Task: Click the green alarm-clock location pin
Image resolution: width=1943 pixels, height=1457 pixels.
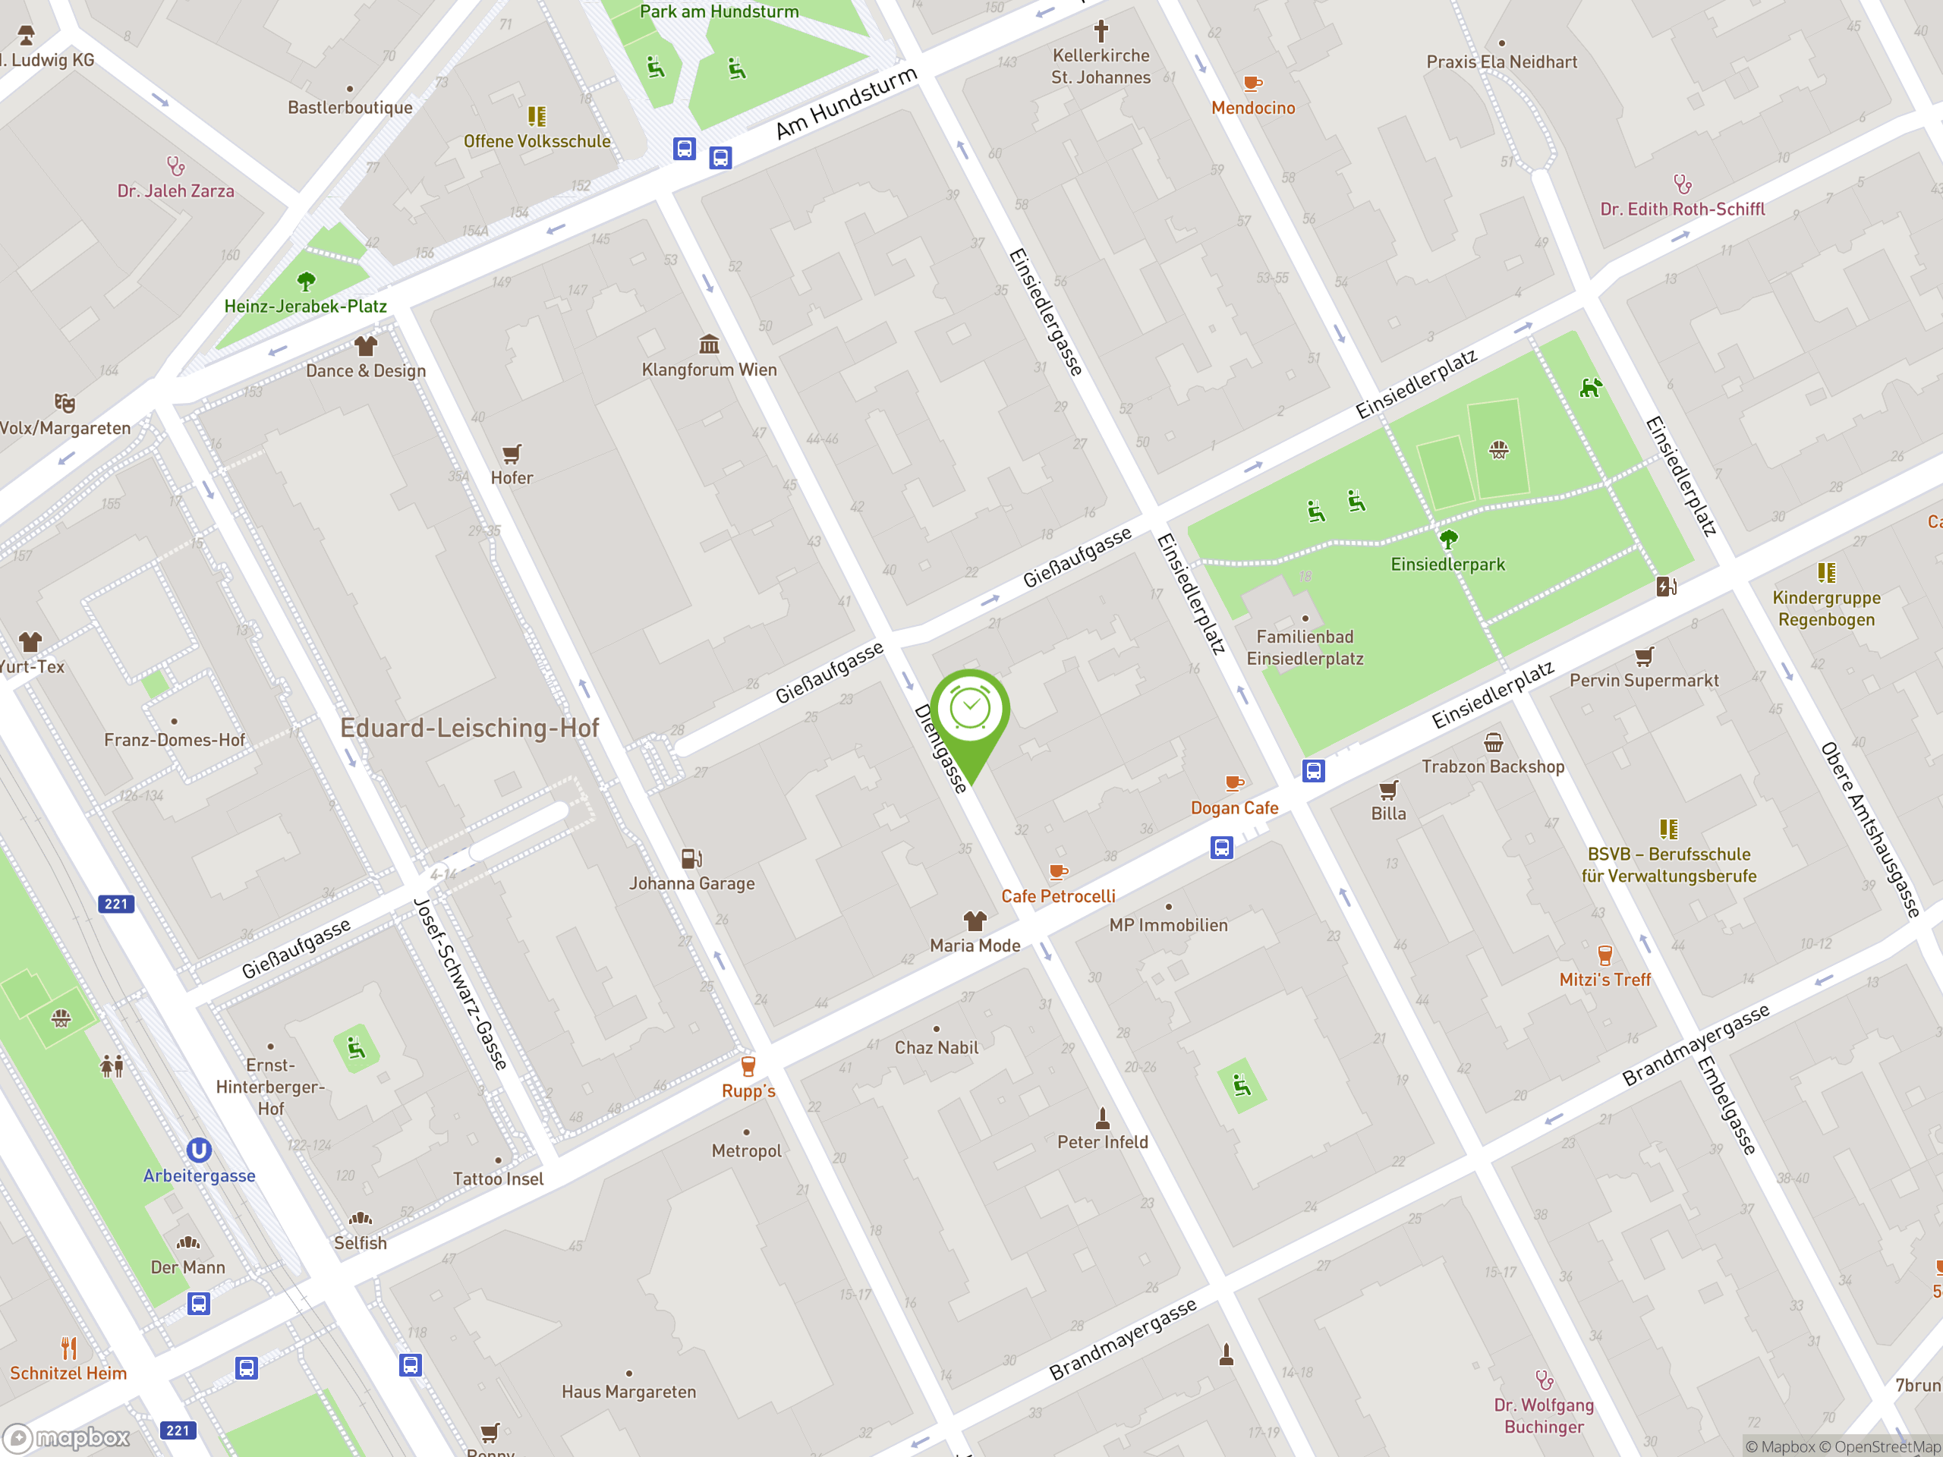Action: [x=970, y=711]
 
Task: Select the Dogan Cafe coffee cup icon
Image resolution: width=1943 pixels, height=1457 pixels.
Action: [x=1234, y=782]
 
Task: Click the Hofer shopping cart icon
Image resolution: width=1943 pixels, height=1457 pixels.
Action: [x=512, y=454]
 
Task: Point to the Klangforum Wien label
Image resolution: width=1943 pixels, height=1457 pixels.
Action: [x=709, y=370]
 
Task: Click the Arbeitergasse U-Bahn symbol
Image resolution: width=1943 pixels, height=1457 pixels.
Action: [x=200, y=1150]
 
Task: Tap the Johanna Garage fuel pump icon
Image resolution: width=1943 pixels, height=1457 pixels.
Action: [x=691, y=858]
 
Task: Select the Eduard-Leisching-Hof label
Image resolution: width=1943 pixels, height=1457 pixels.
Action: [x=469, y=728]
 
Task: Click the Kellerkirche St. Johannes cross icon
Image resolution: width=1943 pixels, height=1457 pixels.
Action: [x=1101, y=32]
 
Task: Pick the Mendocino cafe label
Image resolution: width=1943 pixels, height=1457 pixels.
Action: [x=1252, y=108]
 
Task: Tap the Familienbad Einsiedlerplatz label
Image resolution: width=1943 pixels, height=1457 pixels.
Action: [x=1305, y=647]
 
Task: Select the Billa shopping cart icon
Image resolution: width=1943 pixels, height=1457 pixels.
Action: [x=1388, y=789]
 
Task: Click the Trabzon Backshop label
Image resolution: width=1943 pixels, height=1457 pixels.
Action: [x=1492, y=766]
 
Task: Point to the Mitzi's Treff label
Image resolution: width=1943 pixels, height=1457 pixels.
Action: [x=1604, y=979]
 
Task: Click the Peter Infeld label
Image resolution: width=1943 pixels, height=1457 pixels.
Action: [x=1102, y=1142]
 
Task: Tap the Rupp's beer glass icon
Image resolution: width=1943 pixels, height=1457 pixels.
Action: [x=748, y=1066]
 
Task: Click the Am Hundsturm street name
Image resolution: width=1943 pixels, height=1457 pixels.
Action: [x=846, y=104]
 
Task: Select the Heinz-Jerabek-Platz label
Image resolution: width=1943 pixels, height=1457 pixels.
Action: [x=305, y=307]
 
